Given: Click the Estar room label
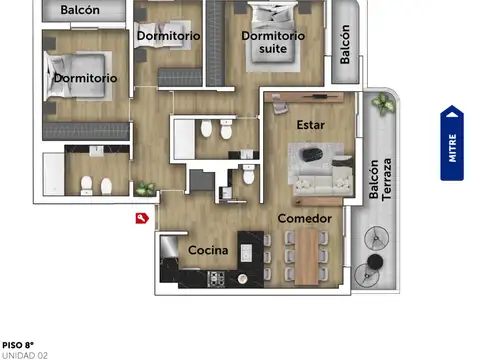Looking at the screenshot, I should [x=311, y=126].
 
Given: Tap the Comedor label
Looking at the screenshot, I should [x=304, y=218].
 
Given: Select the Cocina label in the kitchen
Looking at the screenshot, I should [x=208, y=250].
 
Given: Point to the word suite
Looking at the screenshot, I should [x=273, y=48].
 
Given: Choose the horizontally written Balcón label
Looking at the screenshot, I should [x=80, y=10].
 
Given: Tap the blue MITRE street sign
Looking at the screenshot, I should [x=453, y=144].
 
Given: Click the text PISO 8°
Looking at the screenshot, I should [x=18, y=343].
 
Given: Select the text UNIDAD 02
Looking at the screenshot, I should [x=24, y=354].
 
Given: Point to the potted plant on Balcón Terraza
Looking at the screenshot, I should [x=381, y=103].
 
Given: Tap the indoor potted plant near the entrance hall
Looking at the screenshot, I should [x=145, y=188].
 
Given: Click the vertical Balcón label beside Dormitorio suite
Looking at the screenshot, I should [x=345, y=44].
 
